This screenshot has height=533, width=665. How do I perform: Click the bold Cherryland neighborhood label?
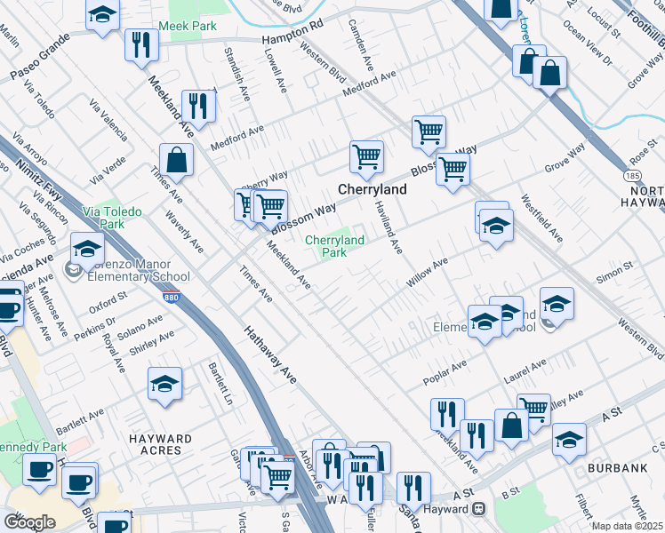tap(371, 190)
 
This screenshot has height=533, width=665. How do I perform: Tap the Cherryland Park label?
tap(334, 246)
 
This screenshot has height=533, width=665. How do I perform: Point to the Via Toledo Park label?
tap(103, 219)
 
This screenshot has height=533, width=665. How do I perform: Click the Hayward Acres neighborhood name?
tap(159, 445)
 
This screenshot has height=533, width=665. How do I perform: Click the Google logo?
tap(30, 522)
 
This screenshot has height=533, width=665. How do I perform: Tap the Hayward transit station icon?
tap(478, 509)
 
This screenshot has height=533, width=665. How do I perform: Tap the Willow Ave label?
tap(426, 273)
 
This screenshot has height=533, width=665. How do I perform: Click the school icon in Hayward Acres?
tap(164, 384)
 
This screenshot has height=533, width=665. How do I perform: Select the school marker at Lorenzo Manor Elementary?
tap(87, 249)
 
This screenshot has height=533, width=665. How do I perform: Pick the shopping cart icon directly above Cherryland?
tap(366, 157)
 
